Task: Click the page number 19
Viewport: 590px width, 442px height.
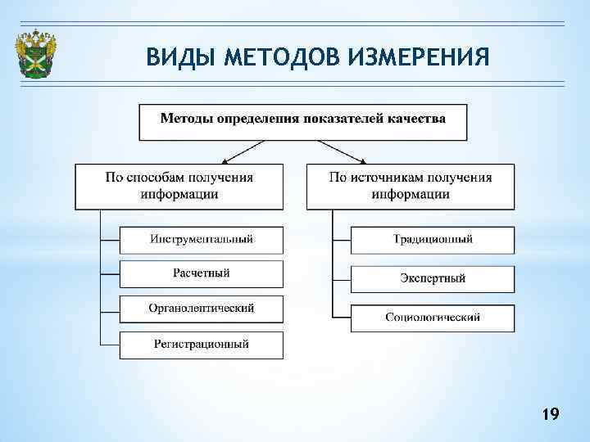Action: pos(550,416)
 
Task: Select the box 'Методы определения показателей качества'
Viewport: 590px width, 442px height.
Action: pos(302,121)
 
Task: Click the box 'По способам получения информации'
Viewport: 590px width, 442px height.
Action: pos(179,186)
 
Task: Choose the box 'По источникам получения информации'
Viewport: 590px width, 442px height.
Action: pos(411,186)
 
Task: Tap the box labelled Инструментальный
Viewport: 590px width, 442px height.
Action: pos(202,239)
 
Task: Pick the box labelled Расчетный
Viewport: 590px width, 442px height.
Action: pos(202,273)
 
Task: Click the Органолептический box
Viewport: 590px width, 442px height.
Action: pos(202,309)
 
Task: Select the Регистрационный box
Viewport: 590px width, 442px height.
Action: pos(202,345)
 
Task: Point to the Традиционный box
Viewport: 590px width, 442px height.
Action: pos(433,240)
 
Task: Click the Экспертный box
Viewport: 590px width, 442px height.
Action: pos(433,278)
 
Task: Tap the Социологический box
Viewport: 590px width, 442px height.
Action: pos(433,318)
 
